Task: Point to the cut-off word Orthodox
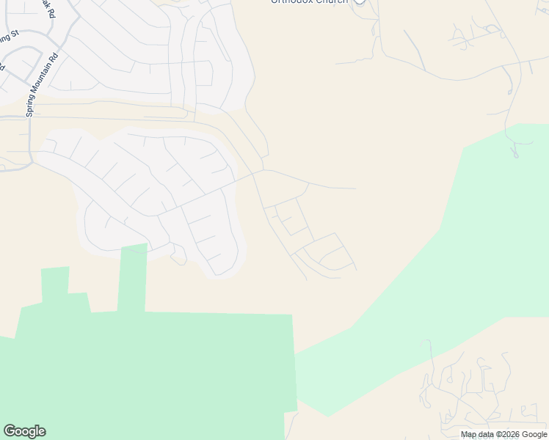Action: click(x=291, y=2)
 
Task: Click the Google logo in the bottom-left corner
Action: click(x=24, y=431)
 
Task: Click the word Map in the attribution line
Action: click(x=469, y=435)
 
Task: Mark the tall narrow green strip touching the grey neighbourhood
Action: click(x=132, y=279)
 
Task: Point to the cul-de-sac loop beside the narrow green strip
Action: click(x=178, y=258)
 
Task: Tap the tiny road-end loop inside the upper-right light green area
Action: click(x=515, y=154)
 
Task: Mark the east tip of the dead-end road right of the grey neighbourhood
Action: click(x=356, y=188)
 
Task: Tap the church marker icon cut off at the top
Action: click(x=359, y=2)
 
